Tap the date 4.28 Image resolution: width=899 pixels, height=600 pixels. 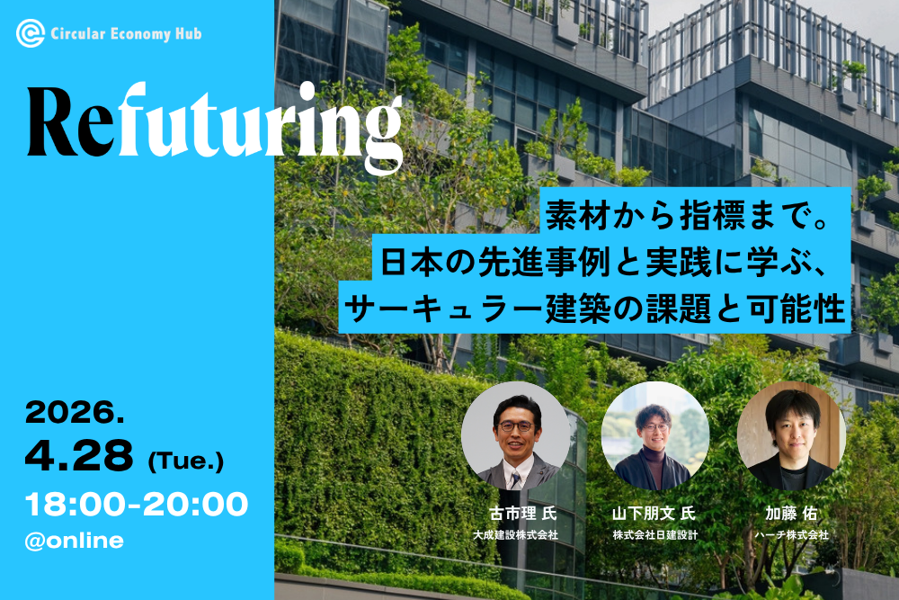(x=79, y=457)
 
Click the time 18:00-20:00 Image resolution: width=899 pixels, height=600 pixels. (x=137, y=505)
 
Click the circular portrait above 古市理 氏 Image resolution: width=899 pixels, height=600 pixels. (x=515, y=435)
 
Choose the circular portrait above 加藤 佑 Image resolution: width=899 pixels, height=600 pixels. (x=791, y=435)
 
